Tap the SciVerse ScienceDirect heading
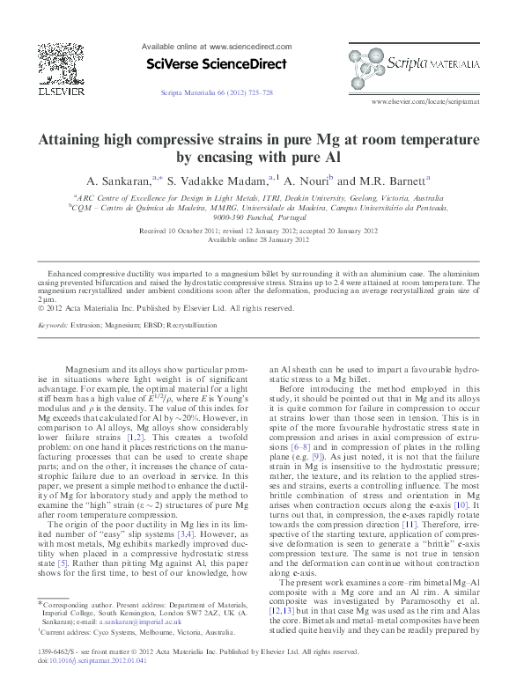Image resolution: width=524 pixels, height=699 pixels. coord(215,64)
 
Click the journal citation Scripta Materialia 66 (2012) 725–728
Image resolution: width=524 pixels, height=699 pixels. coord(216,92)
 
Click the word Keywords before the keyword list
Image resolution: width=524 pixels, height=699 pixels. coord(55,325)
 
